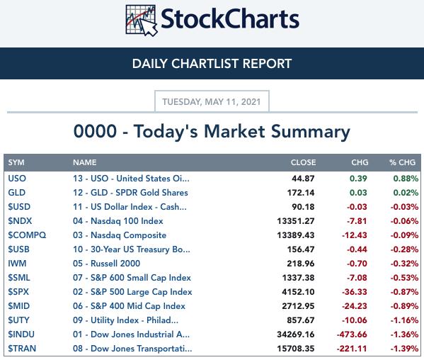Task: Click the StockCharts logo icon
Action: (142, 21)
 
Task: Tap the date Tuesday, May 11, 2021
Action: (212, 102)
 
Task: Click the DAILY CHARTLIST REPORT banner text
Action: (212, 64)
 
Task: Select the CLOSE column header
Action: (303, 162)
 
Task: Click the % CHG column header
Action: (402, 162)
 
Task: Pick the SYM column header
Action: (16, 162)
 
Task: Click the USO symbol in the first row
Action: (17, 179)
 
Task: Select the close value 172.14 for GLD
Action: (301, 193)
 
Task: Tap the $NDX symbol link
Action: (20, 221)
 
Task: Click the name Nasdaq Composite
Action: (128, 235)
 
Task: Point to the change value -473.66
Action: (352, 334)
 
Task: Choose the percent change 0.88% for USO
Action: (406, 179)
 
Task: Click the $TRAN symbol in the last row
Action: (22, 349)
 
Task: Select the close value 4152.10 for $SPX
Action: (298, 292)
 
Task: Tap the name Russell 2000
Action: (115, 264)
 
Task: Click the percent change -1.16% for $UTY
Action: (404, 320)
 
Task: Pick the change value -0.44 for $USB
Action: (357, 249)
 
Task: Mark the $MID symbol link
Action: (18, 306)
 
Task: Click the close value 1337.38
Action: (298, 278)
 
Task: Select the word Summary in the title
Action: (311, 132)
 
